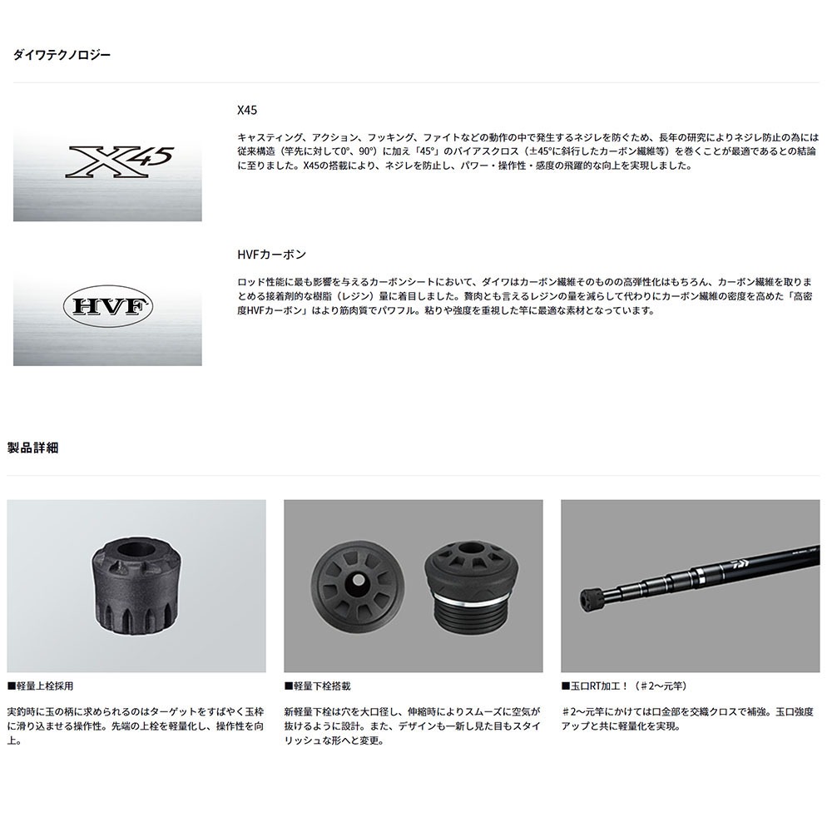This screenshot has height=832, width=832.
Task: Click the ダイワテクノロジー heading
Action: click(x=62, y=55)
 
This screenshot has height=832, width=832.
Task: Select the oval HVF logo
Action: click(x=107, y=306)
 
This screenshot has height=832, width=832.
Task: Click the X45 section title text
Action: click(x=247, y=110)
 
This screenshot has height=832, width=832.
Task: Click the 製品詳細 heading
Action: click(x=32, y=448)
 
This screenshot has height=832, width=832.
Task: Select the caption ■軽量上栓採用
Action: click(x=40, y=686)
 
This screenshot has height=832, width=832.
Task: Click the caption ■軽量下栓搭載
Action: click(x=317, y=686)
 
